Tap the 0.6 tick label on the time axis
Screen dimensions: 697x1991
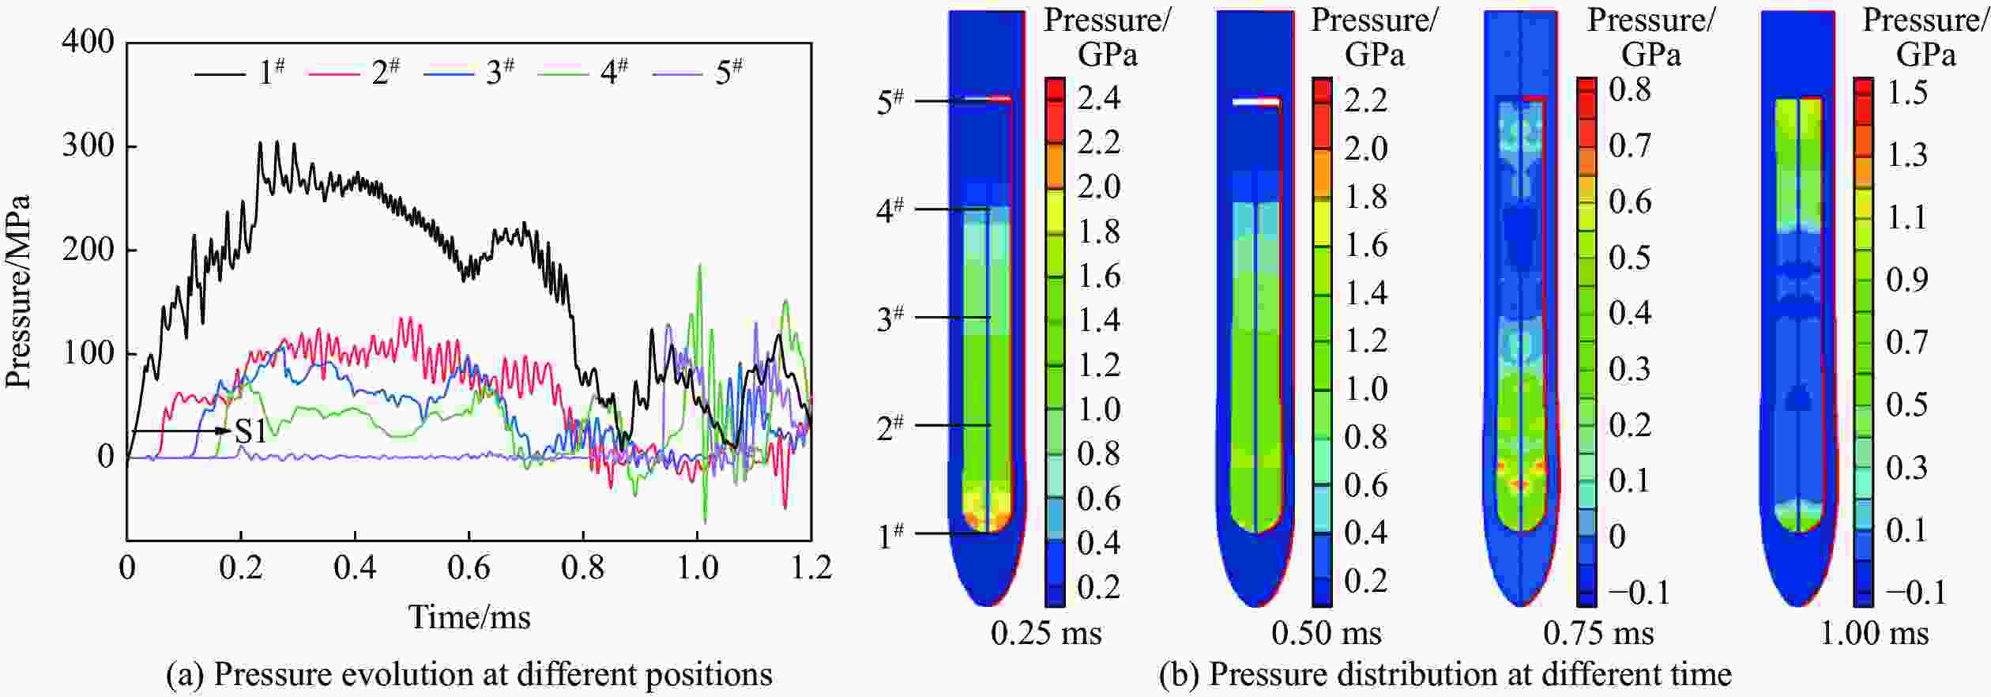click(469, 567)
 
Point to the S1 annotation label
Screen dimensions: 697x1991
click(251, 431)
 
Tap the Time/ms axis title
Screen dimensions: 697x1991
click(469, 616)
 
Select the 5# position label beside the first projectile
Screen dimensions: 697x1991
click(890, 101)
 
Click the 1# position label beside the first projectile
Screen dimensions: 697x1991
click(890, 535)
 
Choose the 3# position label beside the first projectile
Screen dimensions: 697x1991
click(890, 318)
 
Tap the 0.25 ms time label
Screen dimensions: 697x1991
click(1045, 633)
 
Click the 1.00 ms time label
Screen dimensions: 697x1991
click(1874, 633)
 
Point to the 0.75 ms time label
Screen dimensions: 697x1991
click(1598, 633)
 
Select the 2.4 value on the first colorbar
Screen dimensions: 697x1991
click(1098, 98)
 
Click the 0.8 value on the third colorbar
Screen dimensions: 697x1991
click(1630, 89)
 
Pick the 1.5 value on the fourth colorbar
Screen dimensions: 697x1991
click(1906, 92)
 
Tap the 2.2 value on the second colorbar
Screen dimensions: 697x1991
click(1365, 100)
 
